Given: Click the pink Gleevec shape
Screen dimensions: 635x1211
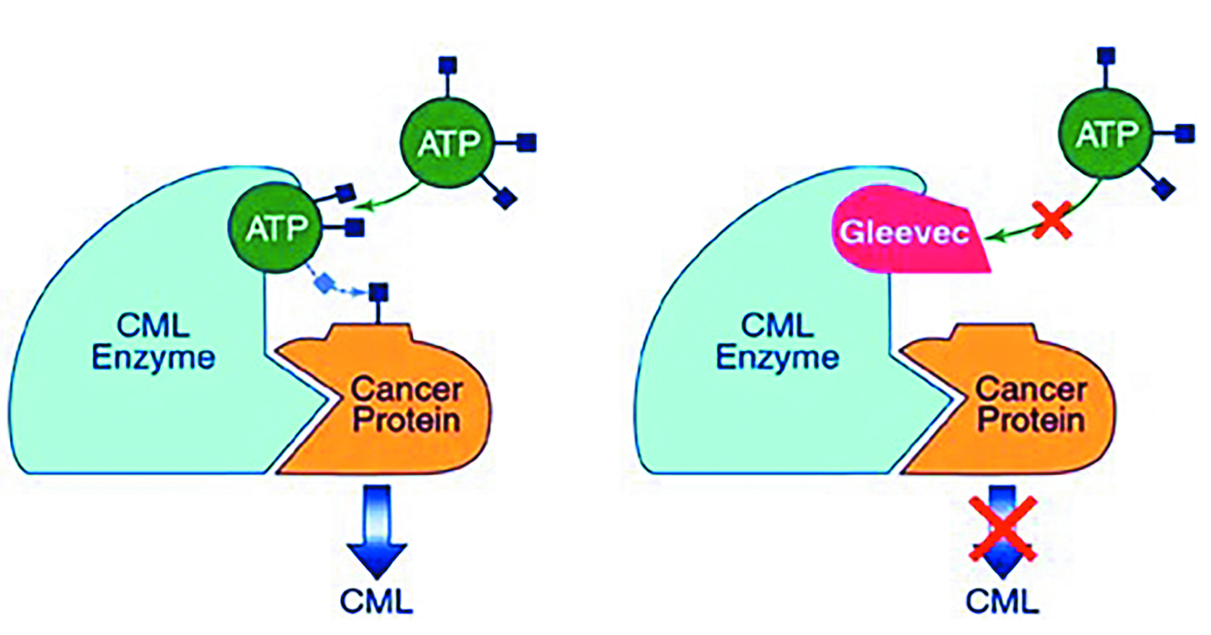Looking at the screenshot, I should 909,233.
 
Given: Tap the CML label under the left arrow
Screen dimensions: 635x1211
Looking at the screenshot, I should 378,600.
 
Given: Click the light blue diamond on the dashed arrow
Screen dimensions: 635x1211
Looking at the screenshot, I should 325,283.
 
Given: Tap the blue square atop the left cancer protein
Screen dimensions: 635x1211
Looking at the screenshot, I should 378,291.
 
